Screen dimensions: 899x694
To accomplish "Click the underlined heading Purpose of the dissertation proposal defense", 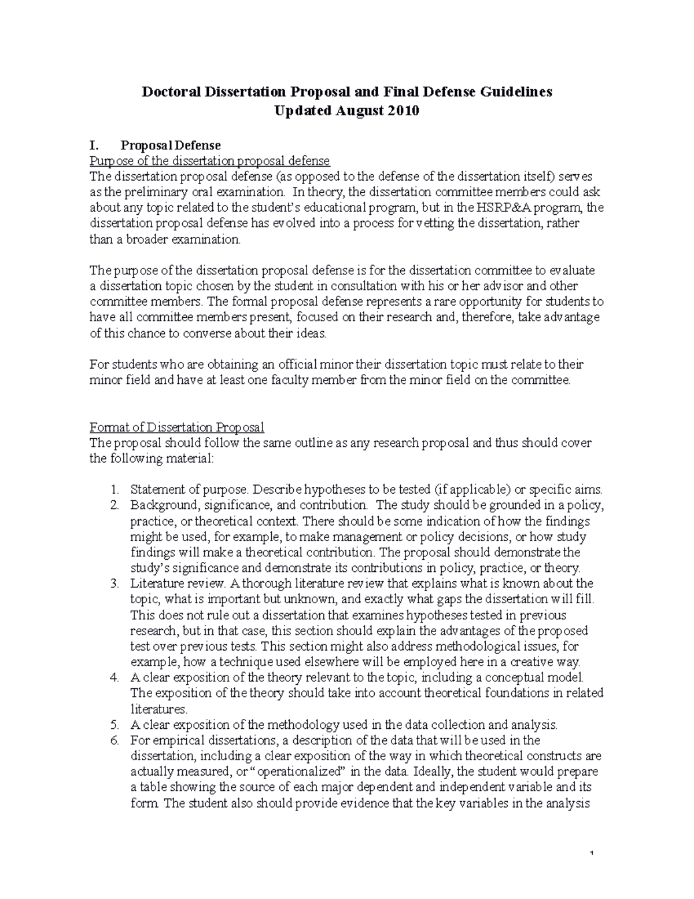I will (209, 160).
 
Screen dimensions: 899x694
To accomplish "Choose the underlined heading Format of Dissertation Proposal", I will (177, 427).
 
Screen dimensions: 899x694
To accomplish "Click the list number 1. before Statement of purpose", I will (115, 489).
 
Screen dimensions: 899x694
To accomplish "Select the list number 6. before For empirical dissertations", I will (114, 740).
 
